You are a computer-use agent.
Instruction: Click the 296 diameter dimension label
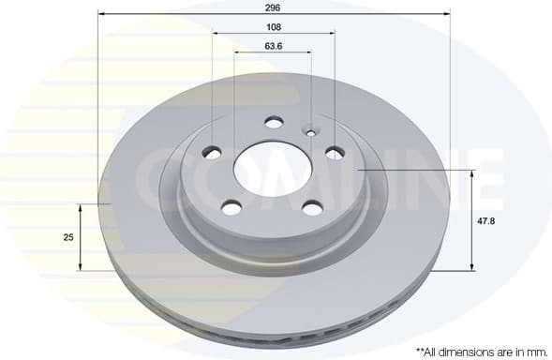pos(274,7)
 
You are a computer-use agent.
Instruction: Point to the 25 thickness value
pos(67,238)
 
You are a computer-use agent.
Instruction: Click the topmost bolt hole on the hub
pos(274,121)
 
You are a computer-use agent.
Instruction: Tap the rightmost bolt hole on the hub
pos(335,152)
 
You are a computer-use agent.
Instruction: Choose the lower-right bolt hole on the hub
pos(312,207)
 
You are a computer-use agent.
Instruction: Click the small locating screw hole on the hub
pos(311,130)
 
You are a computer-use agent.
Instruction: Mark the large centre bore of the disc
pos(272,169)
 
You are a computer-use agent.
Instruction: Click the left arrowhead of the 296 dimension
pos(101,16)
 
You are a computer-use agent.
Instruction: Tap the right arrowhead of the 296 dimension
pos(447,16)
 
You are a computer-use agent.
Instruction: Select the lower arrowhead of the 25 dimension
pos(82,268)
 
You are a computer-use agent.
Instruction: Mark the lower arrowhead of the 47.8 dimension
pos(471,268)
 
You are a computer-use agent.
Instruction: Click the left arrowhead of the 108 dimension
pos(216,33)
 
